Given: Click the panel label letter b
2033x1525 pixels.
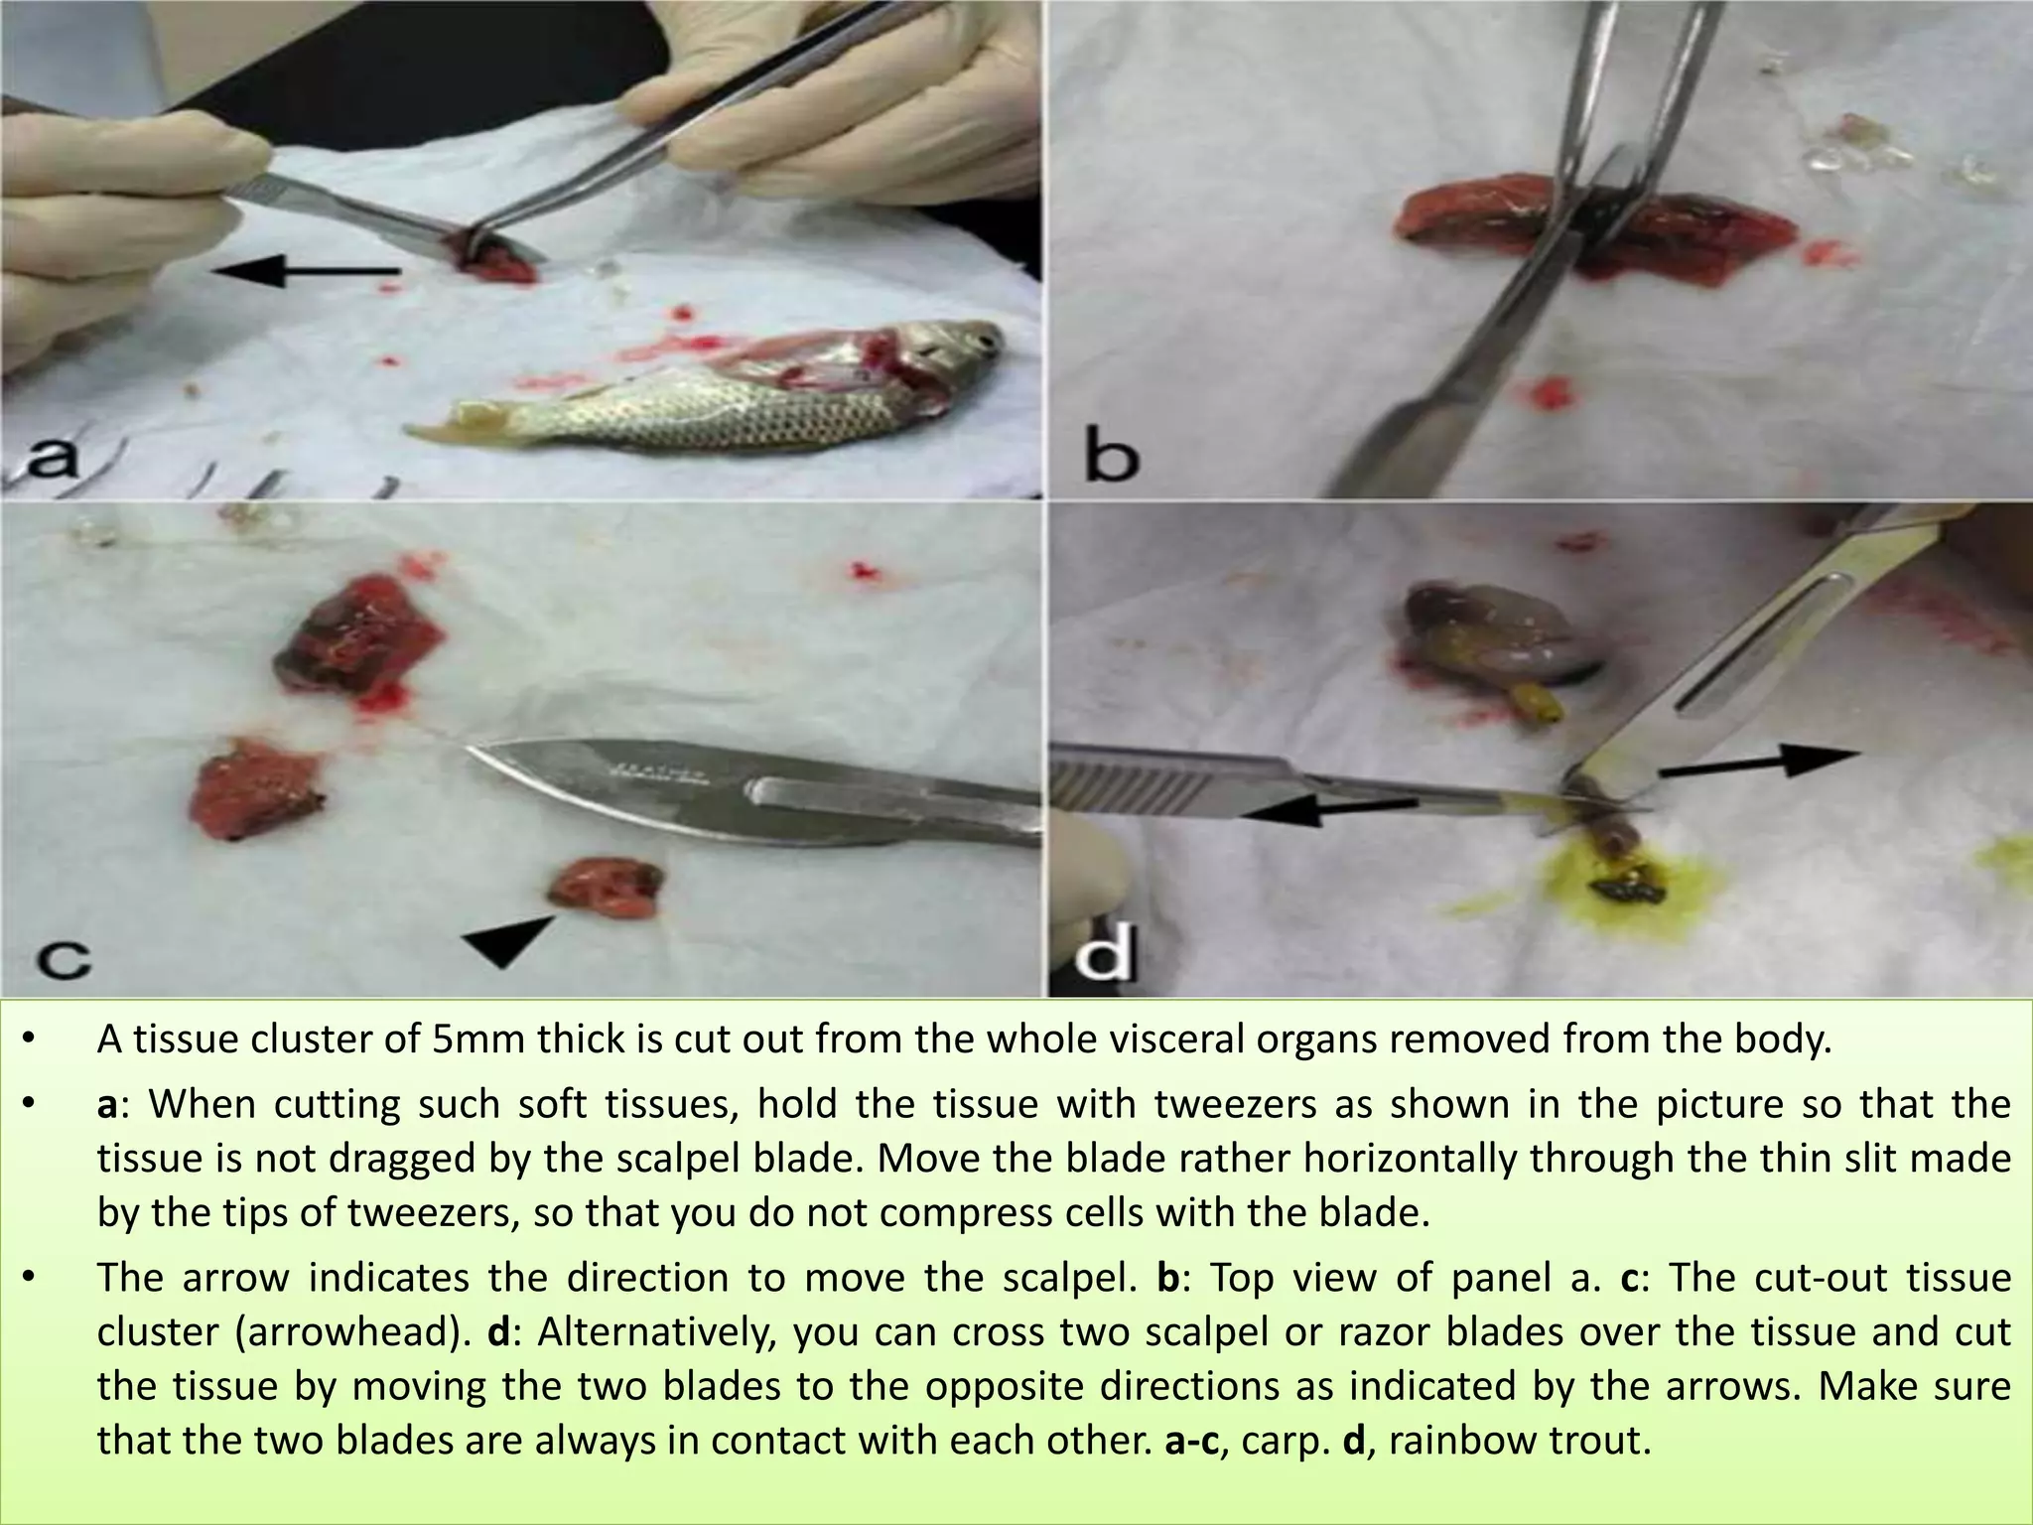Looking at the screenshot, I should point(1111,458).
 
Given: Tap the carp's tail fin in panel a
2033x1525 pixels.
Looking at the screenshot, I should point(447,422).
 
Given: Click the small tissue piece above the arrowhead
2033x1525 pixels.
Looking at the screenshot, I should point(608,887).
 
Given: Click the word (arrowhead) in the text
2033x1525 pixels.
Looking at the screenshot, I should point(352,1331).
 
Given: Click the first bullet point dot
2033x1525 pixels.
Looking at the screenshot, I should point(29,1040).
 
